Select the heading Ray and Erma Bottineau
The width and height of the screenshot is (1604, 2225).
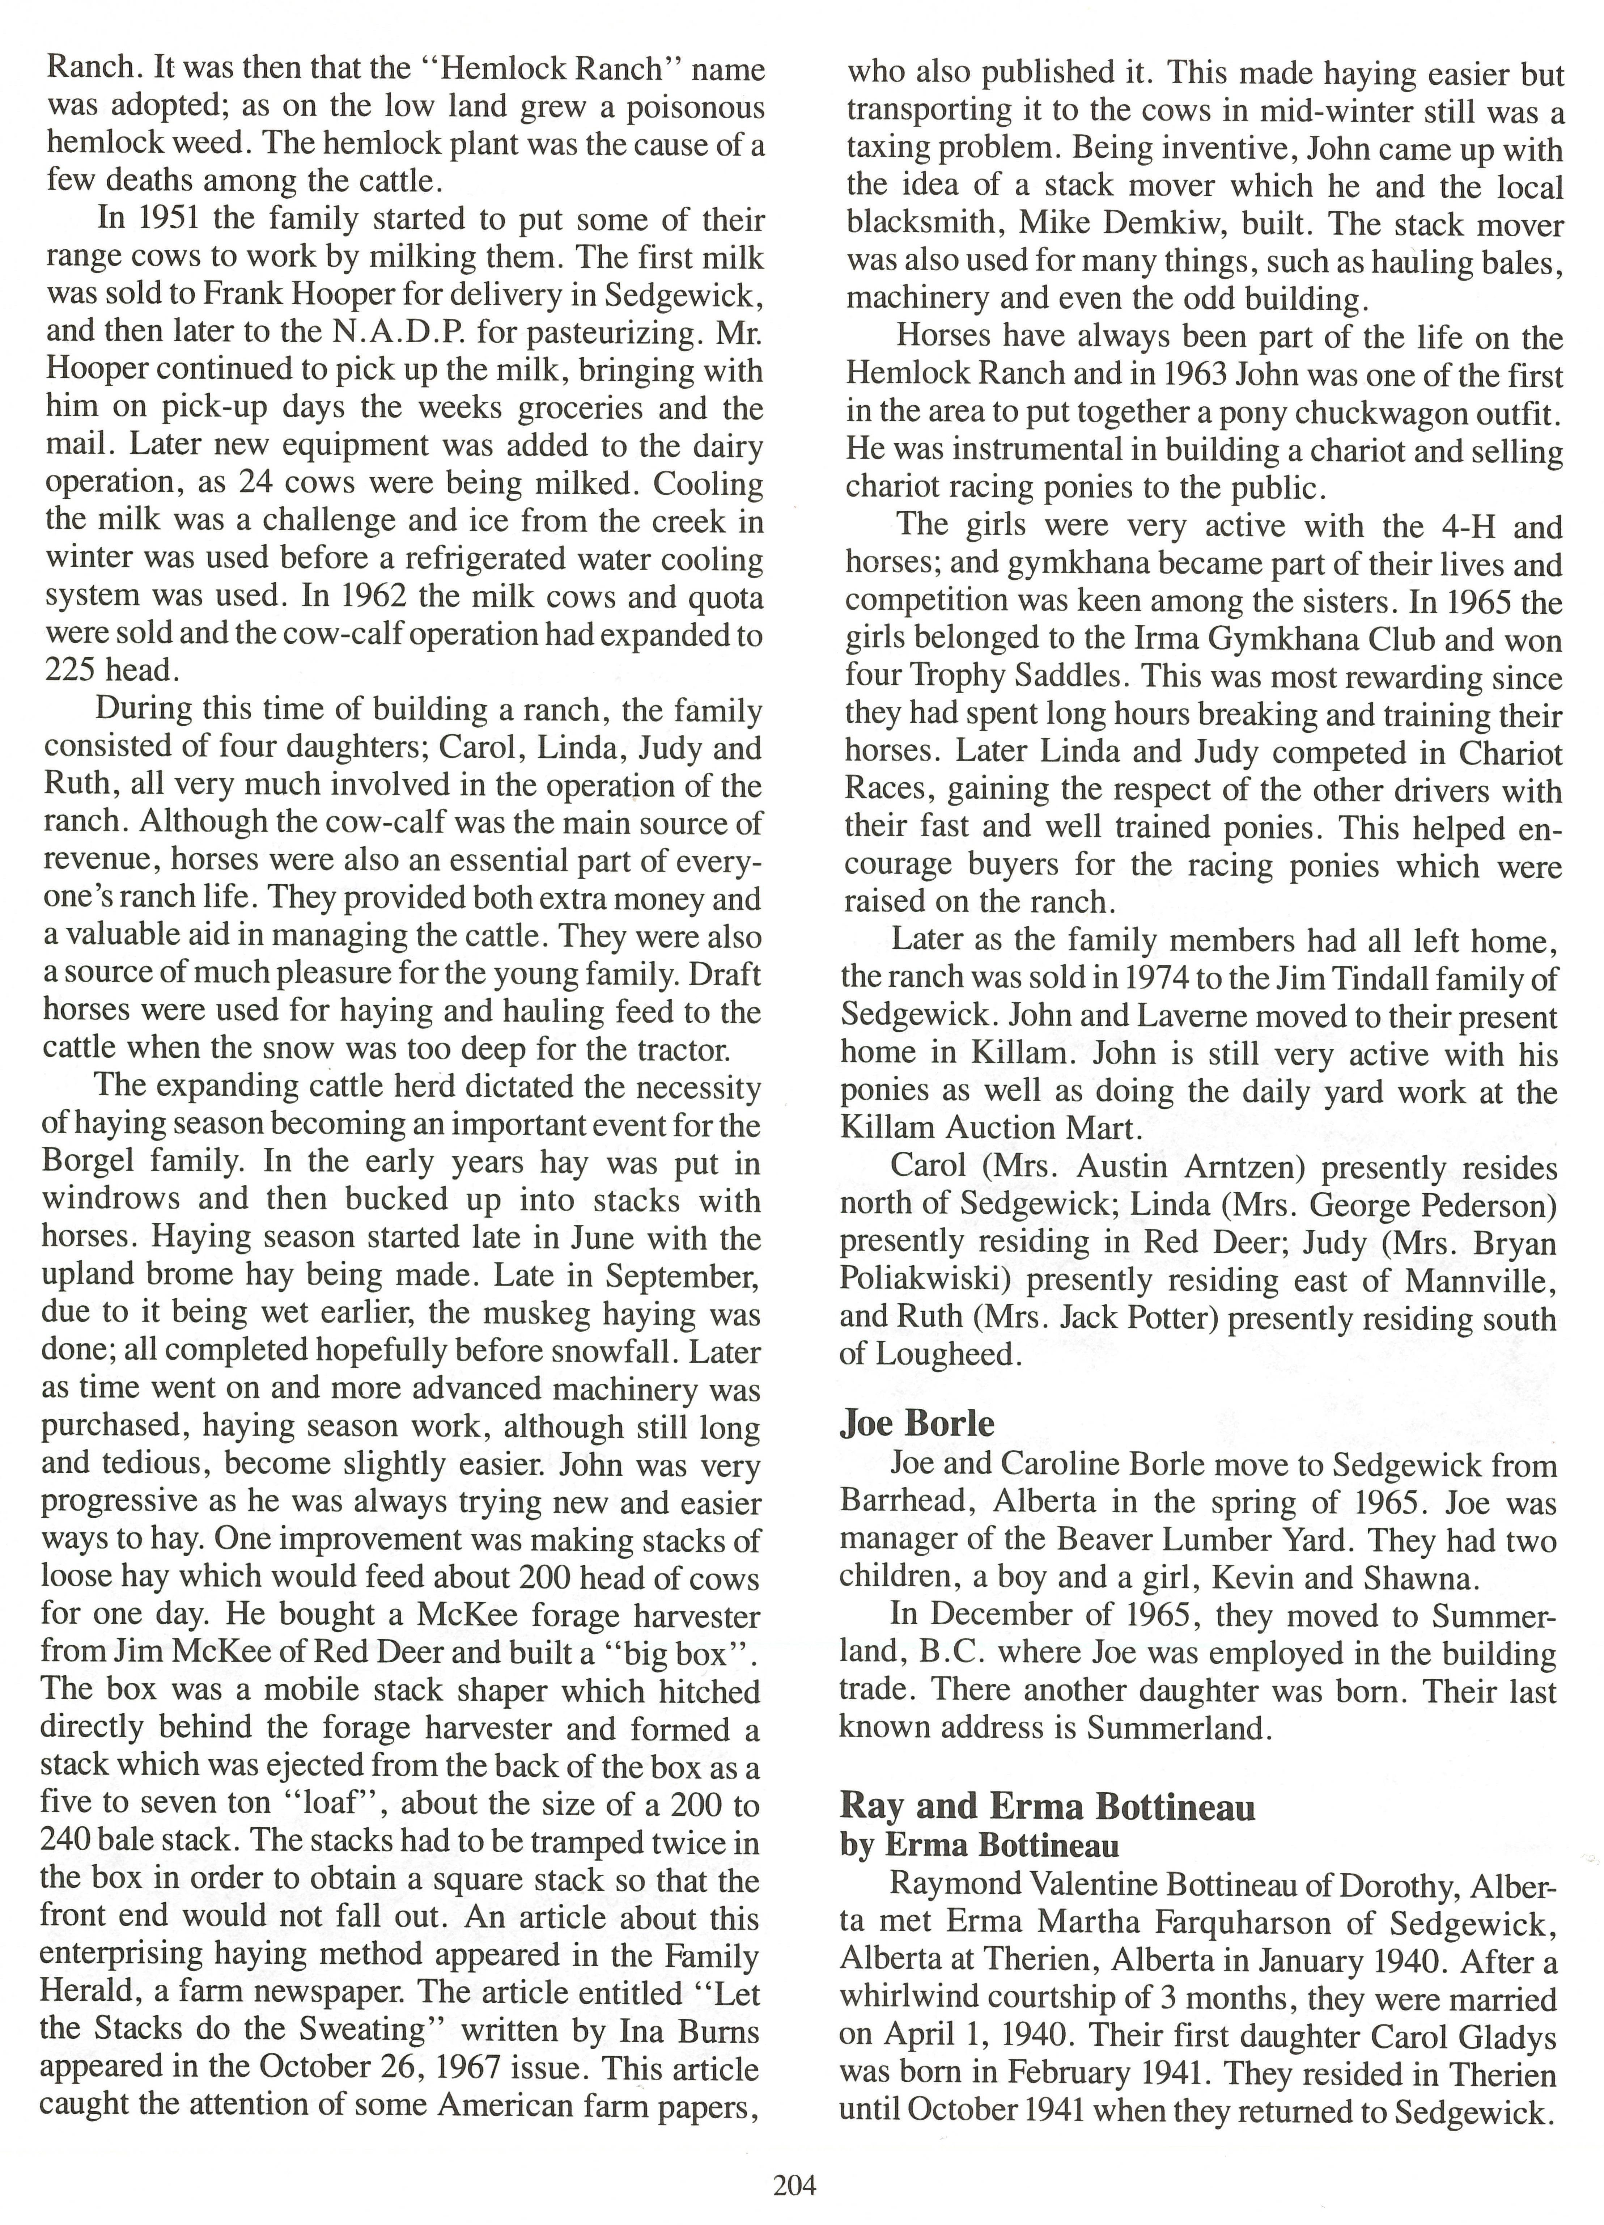(1048, 1806)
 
